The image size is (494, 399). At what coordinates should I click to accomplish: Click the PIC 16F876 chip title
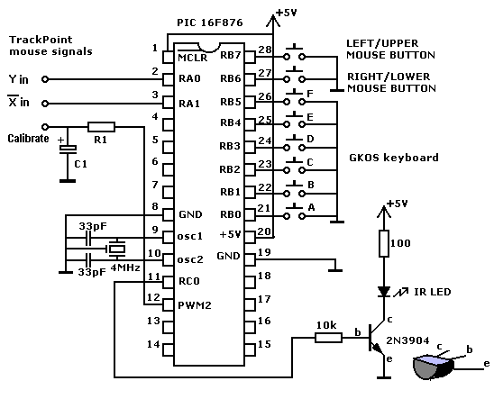210,23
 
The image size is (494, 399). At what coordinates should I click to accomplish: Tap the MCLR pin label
193,58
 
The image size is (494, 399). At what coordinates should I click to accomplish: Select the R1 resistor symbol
101,127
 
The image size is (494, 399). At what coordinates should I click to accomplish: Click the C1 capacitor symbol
68,149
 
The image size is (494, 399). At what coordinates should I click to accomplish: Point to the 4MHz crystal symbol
116,249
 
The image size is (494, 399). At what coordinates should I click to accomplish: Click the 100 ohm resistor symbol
384,243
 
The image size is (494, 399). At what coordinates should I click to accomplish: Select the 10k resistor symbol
329,338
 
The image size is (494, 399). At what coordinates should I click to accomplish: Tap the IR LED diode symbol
384,292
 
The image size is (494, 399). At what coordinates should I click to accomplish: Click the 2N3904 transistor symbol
377,339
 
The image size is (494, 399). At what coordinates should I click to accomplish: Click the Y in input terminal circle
45,79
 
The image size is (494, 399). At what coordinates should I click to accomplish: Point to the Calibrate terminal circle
45,127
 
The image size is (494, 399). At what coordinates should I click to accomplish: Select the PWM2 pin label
195,305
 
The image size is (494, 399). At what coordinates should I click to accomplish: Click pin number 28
265,50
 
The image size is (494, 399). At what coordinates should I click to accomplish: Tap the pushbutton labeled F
294,98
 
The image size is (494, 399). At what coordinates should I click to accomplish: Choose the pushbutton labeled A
294,213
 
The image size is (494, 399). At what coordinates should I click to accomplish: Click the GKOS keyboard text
394,158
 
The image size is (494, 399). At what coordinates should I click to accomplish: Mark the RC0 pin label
189,281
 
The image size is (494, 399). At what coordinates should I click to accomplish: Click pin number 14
153,344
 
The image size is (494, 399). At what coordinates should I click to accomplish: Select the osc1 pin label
190,236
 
